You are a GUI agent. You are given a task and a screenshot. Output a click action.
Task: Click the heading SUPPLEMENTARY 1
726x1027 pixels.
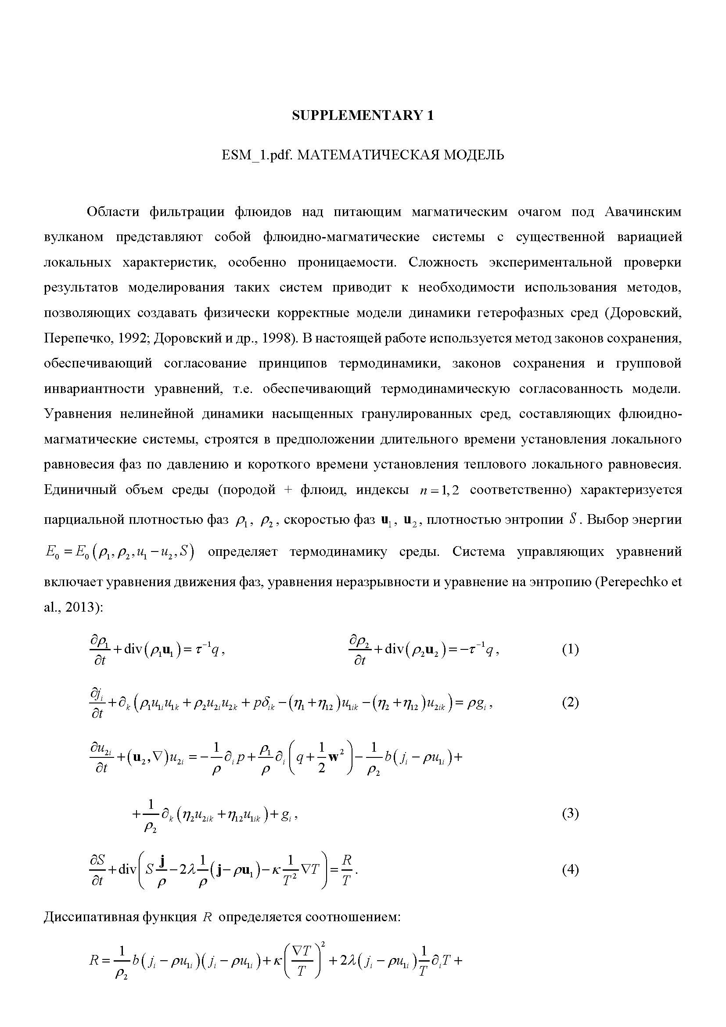tap(363, 115)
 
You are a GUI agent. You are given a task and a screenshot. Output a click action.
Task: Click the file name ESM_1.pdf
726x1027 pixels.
tap(258, 155)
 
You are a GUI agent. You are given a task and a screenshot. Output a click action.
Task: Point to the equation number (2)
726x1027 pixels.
tap(570, 702)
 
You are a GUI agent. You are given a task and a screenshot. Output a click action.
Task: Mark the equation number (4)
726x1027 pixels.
tap(570, 870)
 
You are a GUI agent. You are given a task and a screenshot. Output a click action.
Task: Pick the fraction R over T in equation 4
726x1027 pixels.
tap(346, 870)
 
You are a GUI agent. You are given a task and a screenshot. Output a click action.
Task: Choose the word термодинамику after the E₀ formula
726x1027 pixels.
tap(338, 552)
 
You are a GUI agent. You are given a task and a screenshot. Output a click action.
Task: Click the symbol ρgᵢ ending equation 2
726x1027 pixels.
tap(479, 703)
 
